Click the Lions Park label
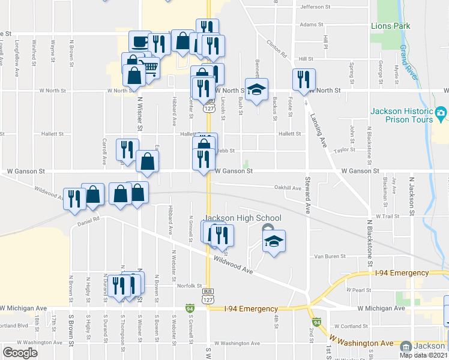(x=390, y=26)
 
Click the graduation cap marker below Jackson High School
(x=274, y=241)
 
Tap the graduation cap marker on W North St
(x=257, y=89)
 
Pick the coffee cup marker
(x=140, y=41)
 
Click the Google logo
(x=20, y=353)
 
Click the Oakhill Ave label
(x=288, y=188)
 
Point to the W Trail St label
(x=387, y=215)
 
